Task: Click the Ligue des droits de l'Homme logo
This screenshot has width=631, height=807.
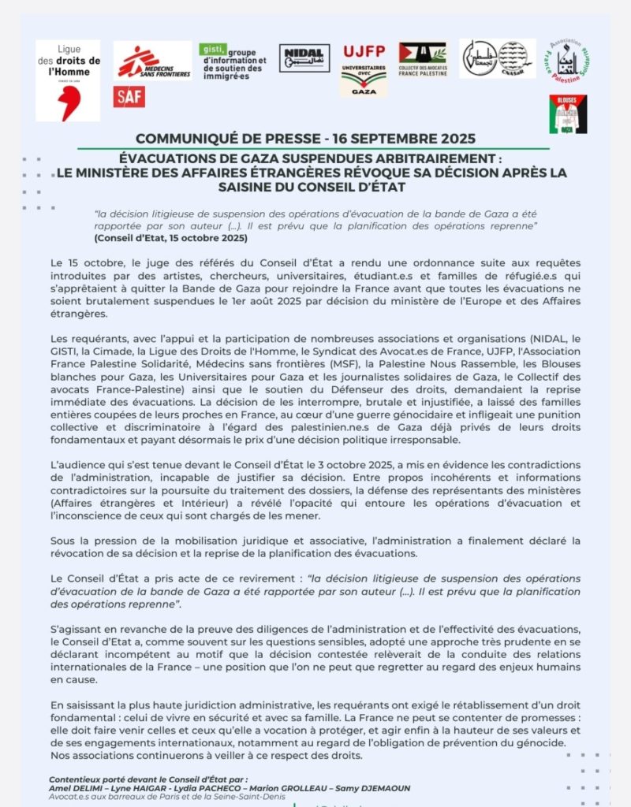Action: pos(68,80)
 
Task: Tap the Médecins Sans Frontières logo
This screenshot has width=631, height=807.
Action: pos(152,61)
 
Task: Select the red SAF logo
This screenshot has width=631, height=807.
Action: pos(129,97)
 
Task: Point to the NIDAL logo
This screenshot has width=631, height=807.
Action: pos(304,58)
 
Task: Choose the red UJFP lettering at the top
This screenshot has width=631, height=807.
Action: pos(364,52)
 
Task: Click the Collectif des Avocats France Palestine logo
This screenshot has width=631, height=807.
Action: pos(422,61)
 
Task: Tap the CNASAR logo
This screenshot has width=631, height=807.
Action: pos(497,58)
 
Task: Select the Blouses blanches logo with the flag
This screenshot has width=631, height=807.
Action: pos(568,114)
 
